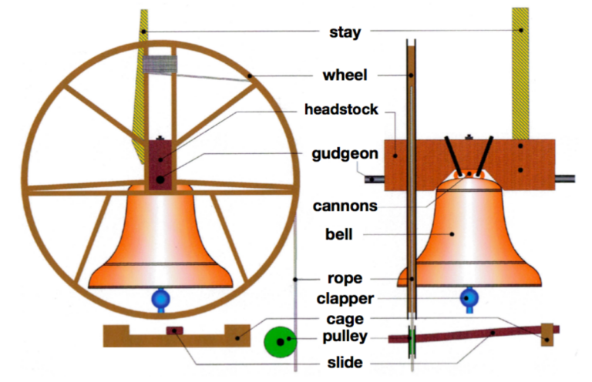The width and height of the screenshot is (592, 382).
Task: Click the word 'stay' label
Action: coord(340,32)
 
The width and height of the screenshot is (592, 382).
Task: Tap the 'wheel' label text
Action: coord(345,75)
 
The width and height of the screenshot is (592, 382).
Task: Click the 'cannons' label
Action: coord(345,206)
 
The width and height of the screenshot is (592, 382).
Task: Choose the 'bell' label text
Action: coord(340,233)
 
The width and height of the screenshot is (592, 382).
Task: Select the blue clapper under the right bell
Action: coord(469,298)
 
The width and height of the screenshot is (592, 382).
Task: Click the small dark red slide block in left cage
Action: coord(174,332)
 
